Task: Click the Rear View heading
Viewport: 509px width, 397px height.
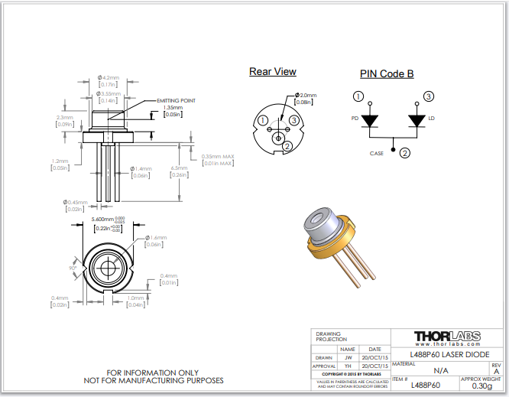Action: click(x=272, y=72)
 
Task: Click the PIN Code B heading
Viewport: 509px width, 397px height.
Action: click(x=387, y=74)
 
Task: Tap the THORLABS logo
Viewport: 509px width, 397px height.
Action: click(x=447, y=336)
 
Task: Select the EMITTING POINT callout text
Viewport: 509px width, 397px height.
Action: click(x=176, y=100)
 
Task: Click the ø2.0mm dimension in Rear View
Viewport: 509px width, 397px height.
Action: click(x=305, y=96)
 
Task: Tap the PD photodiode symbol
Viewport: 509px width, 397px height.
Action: click(x=370, y=121)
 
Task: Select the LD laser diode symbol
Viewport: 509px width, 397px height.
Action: click(x=417, y=121)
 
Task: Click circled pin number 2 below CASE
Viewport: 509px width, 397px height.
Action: click(x=405, y=151)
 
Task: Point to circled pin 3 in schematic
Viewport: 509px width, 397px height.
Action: click(x=429, y=96)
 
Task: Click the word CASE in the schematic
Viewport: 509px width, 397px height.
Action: click(x=377, y=152)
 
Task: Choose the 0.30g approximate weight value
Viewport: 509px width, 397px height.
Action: click(x=481, y=386)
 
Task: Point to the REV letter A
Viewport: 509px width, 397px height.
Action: click(x=496, y=371)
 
